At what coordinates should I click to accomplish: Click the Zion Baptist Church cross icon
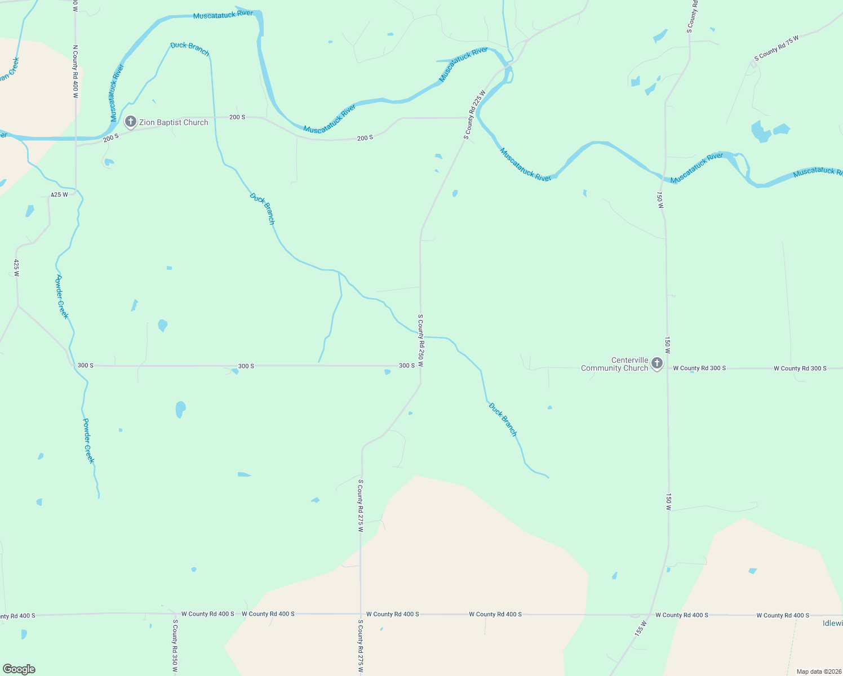point(130,122)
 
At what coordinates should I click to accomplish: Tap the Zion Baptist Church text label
point(174,122)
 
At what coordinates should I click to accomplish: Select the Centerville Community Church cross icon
point(656,363)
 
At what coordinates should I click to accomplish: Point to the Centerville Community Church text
point(614,364)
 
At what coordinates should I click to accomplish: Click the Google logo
point(19,669)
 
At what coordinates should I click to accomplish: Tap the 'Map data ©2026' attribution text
point(819,671)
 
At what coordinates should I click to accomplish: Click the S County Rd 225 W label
point(474,114)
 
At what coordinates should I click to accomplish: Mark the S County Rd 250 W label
point(420,341)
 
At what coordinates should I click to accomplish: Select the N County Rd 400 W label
point(75,72)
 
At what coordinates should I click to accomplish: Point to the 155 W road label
point(640,629)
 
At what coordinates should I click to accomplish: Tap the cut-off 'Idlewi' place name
point(832,623)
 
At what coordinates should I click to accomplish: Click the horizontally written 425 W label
point(59,194)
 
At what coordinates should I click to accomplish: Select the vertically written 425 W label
point(16,268)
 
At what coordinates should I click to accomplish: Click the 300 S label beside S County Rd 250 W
point(407,366)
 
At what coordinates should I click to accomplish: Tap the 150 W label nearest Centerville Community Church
point(667,345)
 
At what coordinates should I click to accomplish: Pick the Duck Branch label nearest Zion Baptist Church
point(190,49)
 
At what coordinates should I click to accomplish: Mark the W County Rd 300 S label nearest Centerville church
point(699,368)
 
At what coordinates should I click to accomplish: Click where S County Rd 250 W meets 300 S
point(420,366)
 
